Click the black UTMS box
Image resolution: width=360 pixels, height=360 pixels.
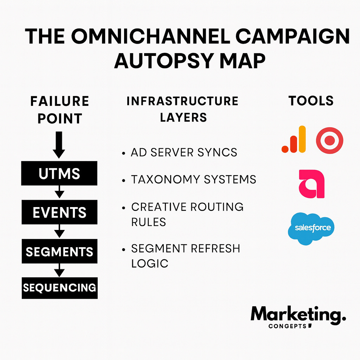tap(59, 173)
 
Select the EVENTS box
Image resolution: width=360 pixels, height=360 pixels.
tap(59, 212)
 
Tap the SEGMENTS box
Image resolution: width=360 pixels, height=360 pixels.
tap(59, 251)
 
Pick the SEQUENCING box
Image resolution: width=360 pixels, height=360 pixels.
tap(59, 288)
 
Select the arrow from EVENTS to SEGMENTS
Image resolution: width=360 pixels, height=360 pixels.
tap(59, 231)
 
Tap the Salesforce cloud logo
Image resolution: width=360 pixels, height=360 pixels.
tap(311, 229)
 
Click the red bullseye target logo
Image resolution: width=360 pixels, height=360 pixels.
tap(329, 141)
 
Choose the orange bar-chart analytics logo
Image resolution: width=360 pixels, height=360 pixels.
tap(294, 140)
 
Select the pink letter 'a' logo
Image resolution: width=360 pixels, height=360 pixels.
tap(311, 184)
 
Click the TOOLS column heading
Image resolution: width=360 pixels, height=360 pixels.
tap(311, 101)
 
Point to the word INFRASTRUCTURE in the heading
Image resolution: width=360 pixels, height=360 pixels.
tap(182, 101)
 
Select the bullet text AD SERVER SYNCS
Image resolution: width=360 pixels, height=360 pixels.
tap(184, 153)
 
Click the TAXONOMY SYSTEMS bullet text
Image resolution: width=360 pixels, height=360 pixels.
tap(193, 180)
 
